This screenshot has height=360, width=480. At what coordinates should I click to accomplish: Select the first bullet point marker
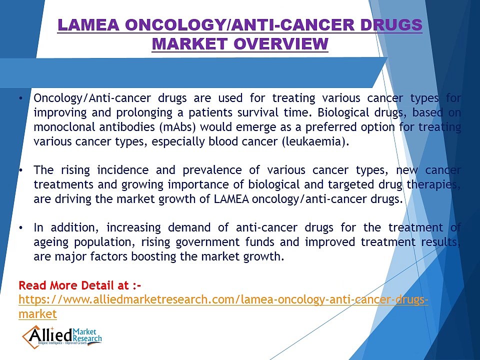(20, 98)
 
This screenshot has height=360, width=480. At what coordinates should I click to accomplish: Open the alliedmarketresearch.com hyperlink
(222, 300)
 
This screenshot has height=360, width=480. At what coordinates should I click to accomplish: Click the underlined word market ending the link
(37, 314)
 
